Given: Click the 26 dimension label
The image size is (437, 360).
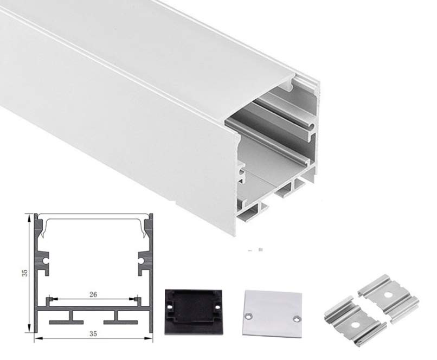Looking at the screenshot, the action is (93, 294).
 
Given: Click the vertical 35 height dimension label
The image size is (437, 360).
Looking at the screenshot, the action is (25, 273).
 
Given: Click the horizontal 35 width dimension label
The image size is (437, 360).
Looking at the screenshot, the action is (93, 333).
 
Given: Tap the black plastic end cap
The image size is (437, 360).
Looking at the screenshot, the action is (194, 312).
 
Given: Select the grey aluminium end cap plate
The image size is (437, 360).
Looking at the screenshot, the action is (272, 314).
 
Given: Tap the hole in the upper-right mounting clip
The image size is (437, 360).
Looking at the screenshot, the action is (388, 294).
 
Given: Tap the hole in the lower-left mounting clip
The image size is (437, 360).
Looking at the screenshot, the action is (355, 325).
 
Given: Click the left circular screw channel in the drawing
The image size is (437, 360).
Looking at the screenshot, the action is (45, 261).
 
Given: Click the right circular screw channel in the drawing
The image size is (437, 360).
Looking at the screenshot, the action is (142, 261).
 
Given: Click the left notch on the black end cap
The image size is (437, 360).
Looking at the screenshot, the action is (170, 307).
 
